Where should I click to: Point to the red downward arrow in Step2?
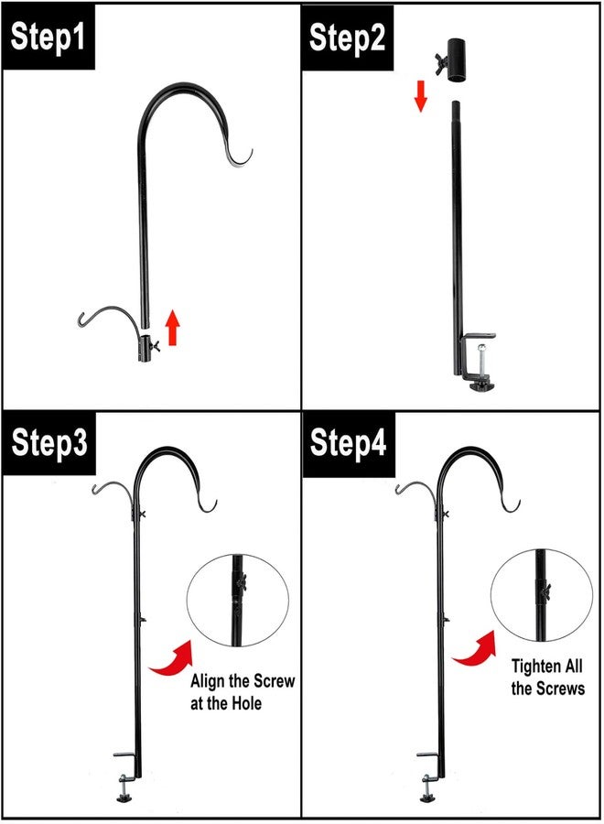(x=420, y=94)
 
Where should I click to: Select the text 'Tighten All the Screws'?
(x=547, y=677)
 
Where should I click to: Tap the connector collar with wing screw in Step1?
(x=146, y=347)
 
